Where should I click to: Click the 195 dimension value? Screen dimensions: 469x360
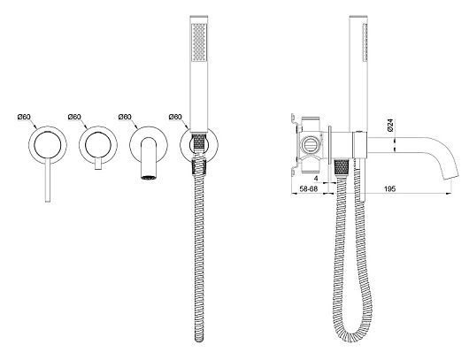pos(389,188)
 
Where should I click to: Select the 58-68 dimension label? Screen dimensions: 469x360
pos(308,188)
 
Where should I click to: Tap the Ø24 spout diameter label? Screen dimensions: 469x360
pos(389,125)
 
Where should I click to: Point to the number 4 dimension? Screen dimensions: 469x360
pos(316,179)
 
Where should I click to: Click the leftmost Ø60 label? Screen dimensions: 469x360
pos(24,117)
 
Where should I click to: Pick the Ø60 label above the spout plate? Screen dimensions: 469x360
pos(125,117)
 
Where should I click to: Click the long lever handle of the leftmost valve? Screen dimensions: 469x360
pos(48,180)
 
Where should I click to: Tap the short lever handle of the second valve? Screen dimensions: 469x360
pos(98,165)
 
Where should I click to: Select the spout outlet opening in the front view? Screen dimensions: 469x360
pos(149,178)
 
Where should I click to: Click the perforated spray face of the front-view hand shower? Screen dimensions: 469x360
pos(199,42)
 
